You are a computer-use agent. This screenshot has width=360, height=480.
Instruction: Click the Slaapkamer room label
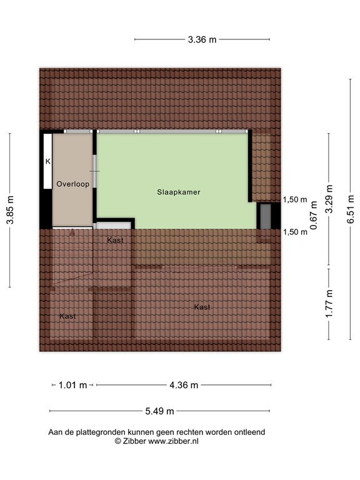pyautogui.click(x=179, y=192)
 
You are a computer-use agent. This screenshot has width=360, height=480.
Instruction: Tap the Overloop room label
pyautogui.click(x=72, y=184)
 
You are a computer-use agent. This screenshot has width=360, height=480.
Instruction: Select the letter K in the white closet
pyautogui.click(x=47, y=161)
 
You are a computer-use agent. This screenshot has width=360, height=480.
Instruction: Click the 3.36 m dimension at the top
pyautogui.click(x=202, y=40)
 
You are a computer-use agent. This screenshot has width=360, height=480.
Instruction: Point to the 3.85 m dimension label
pyautogui.click(x=10, y=210)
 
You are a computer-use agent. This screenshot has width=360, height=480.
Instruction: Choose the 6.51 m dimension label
pyautogui.click(x=351, y=205)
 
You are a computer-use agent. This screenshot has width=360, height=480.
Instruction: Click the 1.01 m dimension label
pyautogui.click(x=72, y=385)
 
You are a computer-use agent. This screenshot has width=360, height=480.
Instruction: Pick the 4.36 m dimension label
pyautogui.click(x=184, y=385)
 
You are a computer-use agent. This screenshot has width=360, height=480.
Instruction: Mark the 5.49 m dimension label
pyautogui.click(x=159, y=411)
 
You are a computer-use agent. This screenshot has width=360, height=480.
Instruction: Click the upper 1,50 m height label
pyautogui.click(x=295, y=200)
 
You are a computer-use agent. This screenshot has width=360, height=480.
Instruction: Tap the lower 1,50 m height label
pyautogui.click(x=295, y=232)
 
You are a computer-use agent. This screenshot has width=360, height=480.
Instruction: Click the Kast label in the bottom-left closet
pyautogui.click(x=67, y=316)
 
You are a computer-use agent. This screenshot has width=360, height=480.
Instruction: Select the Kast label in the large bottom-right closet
pyautogui.click(x=201, y=307)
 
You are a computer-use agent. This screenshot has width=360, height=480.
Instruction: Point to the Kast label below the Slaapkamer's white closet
pyautogui.click(x=115, y=240)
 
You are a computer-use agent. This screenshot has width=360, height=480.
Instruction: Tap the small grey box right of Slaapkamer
pyautogui.click(x=266, y=216)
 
